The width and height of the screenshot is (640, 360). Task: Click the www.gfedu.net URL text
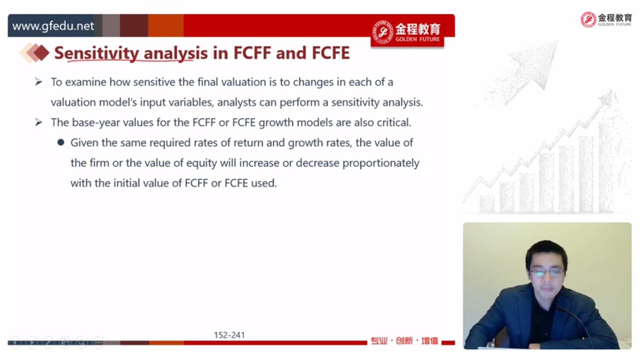pos(53,26)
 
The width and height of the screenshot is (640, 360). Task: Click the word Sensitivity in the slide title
pos(96,53)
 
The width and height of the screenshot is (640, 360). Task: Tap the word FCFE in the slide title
pos(331,53)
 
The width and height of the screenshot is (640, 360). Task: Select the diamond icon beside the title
pos(34,53)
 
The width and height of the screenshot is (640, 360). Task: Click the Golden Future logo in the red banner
pos(407,32)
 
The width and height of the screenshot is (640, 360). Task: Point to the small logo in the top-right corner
pos(606,19)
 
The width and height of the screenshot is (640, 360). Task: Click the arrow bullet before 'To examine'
pos(39,82)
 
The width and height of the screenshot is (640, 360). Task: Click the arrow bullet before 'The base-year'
pos(39,122)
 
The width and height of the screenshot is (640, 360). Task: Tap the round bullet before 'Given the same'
pos(60,142)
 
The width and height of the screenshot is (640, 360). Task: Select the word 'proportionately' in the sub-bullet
pos(381,163)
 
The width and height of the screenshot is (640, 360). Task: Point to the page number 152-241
pos(229,335)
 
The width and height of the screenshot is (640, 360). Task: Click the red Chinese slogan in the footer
pos(404,341)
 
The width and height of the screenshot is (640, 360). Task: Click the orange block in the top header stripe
pos(166,25)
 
